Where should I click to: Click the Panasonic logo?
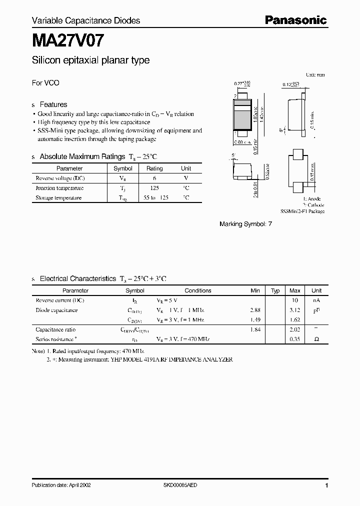click(295, 20)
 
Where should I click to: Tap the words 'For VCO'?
click(45, 83)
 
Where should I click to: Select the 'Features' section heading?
click(53, 104)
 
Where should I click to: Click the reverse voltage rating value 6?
click(154, 178)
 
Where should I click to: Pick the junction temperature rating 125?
click(154, 188)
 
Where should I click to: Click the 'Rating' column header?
click(154, 168)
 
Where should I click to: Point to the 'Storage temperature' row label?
click(58, 197)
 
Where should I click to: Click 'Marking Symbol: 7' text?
click(245, 224)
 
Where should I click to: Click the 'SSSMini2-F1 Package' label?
click(302, 211)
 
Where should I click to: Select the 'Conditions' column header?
click(198, 290)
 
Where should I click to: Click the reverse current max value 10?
click(295, 300)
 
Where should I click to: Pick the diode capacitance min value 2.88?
click(255, 310)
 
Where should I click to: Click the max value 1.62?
click(295, 319)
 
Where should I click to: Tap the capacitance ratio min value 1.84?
click(255, 329)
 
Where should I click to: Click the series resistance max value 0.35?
click(295, 339)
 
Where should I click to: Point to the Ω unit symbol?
click(316, 339)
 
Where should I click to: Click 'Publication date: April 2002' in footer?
click(61, 485)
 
